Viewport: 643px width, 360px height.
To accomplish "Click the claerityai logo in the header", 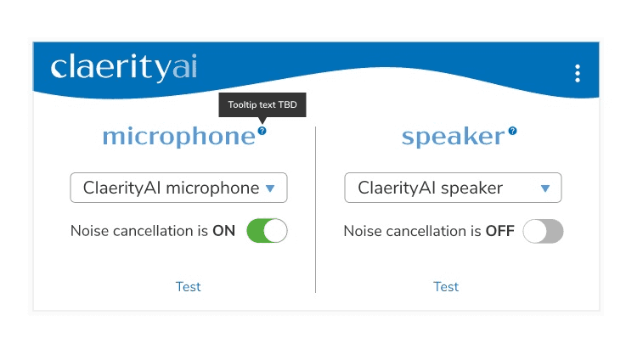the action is point(123,67).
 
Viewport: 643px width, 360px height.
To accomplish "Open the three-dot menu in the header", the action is point(578,73).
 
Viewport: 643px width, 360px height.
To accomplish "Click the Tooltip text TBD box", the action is point(262,105).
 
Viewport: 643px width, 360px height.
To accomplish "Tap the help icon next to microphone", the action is point(262,131).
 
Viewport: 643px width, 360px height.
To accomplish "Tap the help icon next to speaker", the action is point(512,131).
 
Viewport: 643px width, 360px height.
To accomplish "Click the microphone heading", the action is point(178,137).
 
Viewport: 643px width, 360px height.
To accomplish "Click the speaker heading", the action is point(453,137).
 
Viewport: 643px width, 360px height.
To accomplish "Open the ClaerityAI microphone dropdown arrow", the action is point(270,188).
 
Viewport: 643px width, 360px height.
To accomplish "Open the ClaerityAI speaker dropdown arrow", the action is point(545,188).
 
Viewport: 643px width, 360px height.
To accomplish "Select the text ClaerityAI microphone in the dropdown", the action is point(171,188).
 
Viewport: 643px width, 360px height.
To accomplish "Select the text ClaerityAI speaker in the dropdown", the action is point(430,188).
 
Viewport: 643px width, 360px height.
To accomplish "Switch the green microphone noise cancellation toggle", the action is point(267,231).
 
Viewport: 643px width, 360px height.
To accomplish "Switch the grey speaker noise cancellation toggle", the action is point(543,231).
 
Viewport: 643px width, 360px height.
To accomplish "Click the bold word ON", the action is point(224,231).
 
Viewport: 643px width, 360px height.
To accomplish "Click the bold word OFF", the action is point(500,231).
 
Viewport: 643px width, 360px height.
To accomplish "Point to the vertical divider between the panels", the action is point(315,210).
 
